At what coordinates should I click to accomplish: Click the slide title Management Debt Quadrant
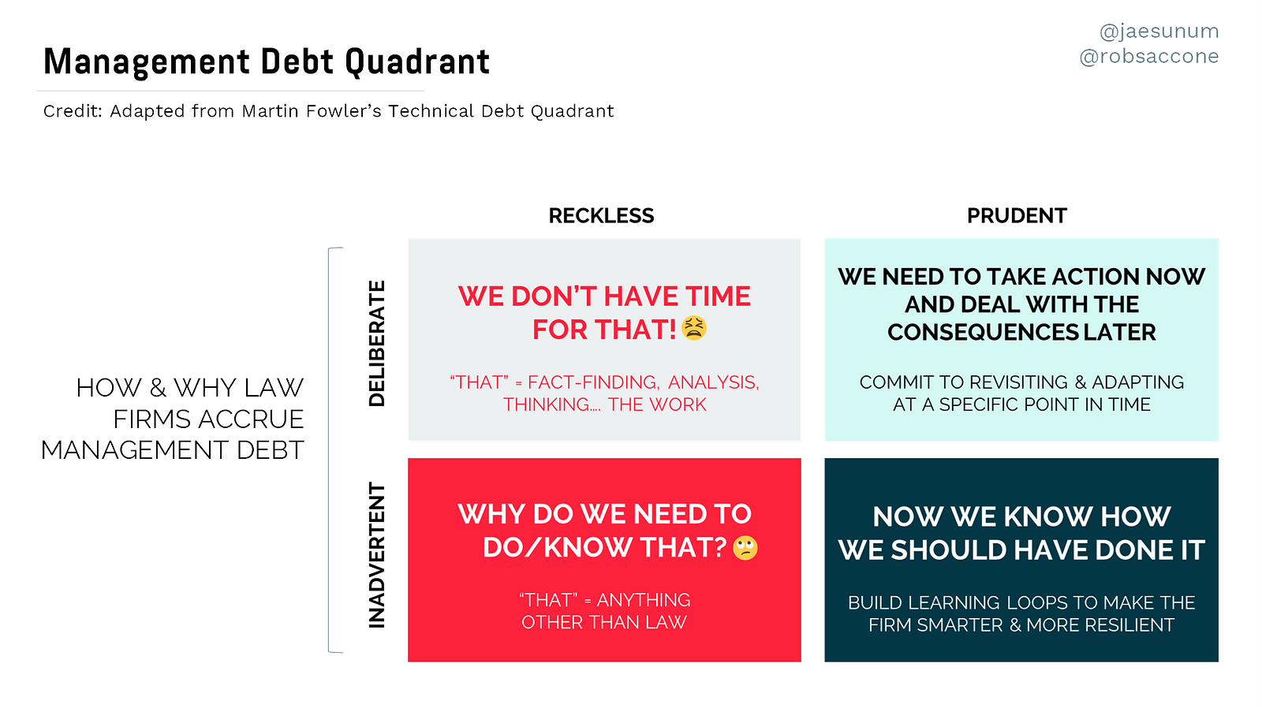coord(267,61)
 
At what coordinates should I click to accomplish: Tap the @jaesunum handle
coord(1159,32)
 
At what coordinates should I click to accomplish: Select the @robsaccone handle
coord(1148,56)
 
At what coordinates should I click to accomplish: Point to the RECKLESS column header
coord(601,216)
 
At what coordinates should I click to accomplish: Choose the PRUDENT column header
coord(1017,216)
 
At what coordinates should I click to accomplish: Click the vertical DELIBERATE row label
coord(377,344)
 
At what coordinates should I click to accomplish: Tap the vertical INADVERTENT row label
coord(377,555)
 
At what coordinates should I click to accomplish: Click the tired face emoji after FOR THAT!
coord(693,328)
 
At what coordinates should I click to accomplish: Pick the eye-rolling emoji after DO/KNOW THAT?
coord(745,547)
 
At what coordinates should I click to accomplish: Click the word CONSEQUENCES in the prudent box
coord(983,332)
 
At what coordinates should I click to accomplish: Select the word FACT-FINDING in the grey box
coord(592,382)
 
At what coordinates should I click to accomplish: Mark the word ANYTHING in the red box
coord(644,601)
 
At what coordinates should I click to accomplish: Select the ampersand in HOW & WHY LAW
coord(158,388)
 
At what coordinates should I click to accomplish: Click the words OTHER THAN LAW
coord(604,622)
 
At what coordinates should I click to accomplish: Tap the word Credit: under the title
coord(73,111)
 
